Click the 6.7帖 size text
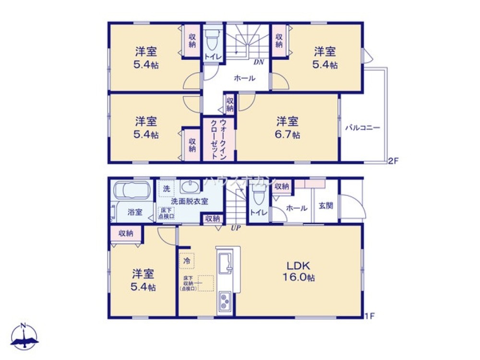pos(288,135)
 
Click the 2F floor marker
pos(393,161)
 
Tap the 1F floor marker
pos(369,316)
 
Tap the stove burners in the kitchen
pos(225,301)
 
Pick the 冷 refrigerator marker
pos(187,261)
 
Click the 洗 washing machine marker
pos(166,189)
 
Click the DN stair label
pos(258,61)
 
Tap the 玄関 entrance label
pos(325,207)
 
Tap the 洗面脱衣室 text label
pos(190,202)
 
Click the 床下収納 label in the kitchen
pos(187,283)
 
